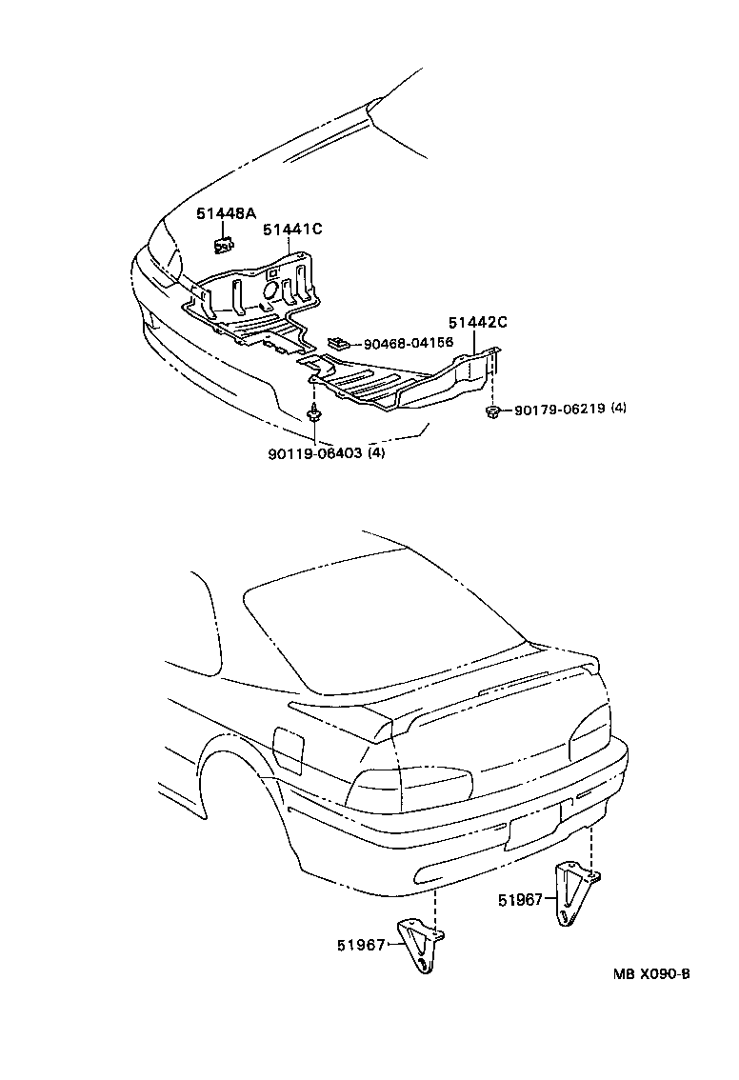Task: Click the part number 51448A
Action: [x=226, y=214]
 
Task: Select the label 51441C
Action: [x=292, y=230]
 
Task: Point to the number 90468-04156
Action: [x=408, y=342]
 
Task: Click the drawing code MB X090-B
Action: [x=650, y=974]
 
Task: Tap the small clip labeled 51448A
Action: [x=225, y=246]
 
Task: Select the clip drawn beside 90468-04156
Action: [x=338, y=341]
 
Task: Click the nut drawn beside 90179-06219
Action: [x=493, y=410]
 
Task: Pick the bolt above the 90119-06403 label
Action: [x=315, y=414]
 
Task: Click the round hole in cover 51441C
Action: [x=270, y=288]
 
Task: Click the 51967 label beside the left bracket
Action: [x=358, y=945]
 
